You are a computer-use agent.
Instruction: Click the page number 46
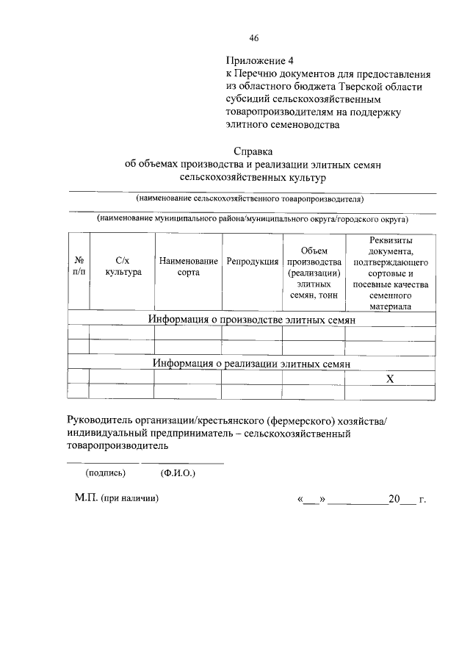[254, 38]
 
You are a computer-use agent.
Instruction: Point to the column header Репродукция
[252, 262]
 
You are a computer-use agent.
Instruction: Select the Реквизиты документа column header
[391, 273]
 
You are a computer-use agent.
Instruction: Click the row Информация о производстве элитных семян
[252, 320]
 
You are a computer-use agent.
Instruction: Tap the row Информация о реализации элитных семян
[251, 363]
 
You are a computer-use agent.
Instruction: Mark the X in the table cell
[391, 378]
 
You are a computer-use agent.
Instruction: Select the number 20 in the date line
[394, 499]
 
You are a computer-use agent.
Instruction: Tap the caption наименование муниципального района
[252, 219]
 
